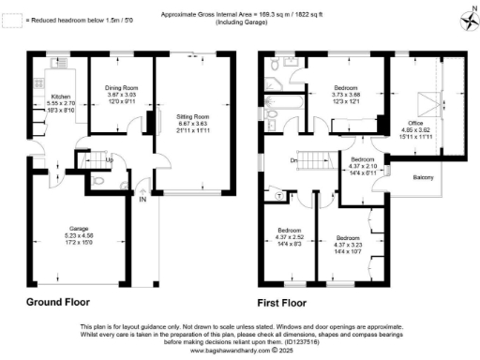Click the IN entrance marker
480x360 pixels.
(143, 200)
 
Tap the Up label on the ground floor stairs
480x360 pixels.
(111, 159)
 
